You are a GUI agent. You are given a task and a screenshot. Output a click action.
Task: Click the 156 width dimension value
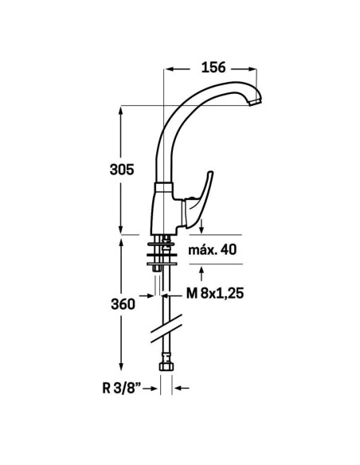click(x=213, y=68)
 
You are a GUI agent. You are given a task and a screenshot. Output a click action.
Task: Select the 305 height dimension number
click(x=122, y=170)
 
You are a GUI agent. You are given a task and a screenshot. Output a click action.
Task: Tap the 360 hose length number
click(x=123, y=304)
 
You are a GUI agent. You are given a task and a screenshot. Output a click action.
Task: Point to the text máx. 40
click(x=213, y=250)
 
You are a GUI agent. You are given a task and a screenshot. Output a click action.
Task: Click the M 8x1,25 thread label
click(x=215, y=294)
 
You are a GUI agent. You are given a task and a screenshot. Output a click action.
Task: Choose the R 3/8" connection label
click(x=122, y=389)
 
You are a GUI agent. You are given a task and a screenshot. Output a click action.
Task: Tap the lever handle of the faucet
click(x=198, y=201)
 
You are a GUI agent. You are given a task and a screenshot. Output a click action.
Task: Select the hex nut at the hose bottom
click(x=166, y=366)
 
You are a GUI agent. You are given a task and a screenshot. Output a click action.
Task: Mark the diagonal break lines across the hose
click(x=166, y=329)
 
